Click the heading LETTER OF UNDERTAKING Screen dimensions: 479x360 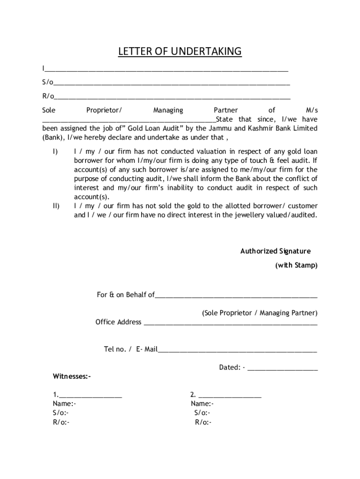coord(180,51)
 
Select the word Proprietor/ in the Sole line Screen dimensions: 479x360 coord(104,110)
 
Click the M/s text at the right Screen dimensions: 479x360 coord(311,110)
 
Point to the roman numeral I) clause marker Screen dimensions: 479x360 coord(55,152)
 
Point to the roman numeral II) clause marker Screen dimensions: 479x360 coord(56,206)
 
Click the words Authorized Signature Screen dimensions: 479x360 coord(275,251)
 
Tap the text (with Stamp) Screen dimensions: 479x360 coord(296,265)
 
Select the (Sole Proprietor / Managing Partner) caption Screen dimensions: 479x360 coord(259,312)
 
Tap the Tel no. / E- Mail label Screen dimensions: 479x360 coord(130,349)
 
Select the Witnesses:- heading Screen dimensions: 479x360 coord(72,376)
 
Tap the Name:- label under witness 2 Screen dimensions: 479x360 coord(202,404)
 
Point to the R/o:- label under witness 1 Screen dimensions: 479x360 coord(61,422)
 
